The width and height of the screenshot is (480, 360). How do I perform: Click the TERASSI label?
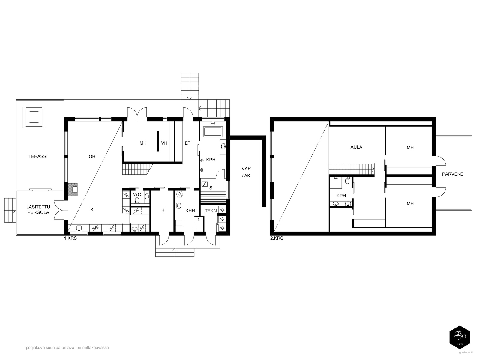(x=38, y=156)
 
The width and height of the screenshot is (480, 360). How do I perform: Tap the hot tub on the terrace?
(x=34, y=117)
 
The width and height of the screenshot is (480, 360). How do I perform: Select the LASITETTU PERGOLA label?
(x=38, y=210)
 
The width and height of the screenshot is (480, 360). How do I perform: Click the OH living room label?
(x=92, y=157)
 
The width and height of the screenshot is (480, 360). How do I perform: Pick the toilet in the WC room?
(x=137, y=200)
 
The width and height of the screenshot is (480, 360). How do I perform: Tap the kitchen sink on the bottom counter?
(x=79, y=228)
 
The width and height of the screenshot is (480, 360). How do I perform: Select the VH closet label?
(x=164, y=143)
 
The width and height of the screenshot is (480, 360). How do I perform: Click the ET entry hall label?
(x=187, y=143)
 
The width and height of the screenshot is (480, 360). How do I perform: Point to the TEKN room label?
(x=211, y=211)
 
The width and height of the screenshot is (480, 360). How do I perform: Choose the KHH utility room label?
(x=190, y=211)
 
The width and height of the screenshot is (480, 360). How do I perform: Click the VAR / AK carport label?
(x=246, y=172)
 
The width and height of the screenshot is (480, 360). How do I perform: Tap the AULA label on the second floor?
(x=356, y=147)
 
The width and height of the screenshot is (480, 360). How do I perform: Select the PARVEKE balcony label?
(x=453, y=174)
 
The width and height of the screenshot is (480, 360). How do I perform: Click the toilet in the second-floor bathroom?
(x=347, y=180)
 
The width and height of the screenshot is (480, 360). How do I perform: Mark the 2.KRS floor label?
(x=277, y=238)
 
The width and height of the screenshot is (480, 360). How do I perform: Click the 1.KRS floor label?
(x=70, y=238)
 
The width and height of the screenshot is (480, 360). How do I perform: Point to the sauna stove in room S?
(x=205, y=184)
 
